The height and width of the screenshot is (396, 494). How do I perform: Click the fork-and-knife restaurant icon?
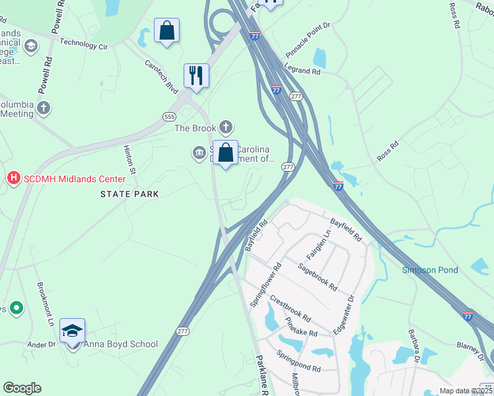[x=195, y=76]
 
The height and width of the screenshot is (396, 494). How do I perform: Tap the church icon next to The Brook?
[x=226, y=127]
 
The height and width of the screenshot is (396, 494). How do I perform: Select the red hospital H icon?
[x=13, y=178]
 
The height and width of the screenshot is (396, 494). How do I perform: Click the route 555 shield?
[x=168, y=116]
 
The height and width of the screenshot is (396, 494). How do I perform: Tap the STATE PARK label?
[x=129, y=193]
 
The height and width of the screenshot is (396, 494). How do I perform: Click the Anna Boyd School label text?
[x=120, y=344]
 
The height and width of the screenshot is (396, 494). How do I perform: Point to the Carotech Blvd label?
[x=162, y=76]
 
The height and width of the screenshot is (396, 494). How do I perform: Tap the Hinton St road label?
[x=129, y=160]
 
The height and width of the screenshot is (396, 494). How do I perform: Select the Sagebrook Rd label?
[x=317, y=277]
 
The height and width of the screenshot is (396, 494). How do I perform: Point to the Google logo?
[x=22, y=388]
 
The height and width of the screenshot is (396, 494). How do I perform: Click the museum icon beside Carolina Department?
[x=198, y=153]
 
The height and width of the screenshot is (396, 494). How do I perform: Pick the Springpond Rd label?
[x=299, y=365]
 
